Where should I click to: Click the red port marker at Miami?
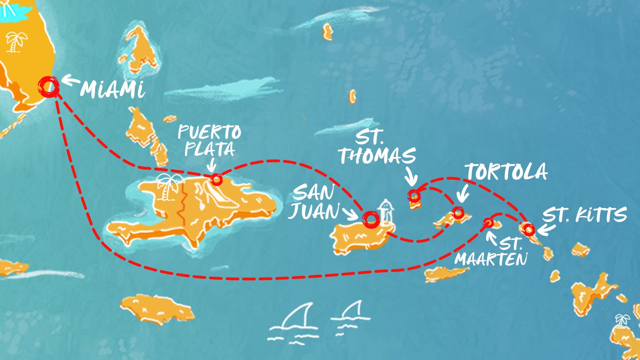(x=49, y=86)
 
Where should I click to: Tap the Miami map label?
(x=113, y=90)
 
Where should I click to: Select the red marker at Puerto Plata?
(x=216, y=179)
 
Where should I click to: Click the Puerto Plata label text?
(x=209, y=140)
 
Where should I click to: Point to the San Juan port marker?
(x=371, y=219)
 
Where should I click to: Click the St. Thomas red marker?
(x=414, y=196)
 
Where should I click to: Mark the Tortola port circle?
(x=458, y=212)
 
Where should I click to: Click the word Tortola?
(x=506, y=172)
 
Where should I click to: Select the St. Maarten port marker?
(x=488, y=222)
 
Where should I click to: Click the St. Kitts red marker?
(x=529, y=230)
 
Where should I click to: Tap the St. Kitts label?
(x=584, y=215)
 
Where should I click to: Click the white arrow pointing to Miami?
(x=71, y=82)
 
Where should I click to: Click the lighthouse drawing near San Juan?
(x=385, y=212)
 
